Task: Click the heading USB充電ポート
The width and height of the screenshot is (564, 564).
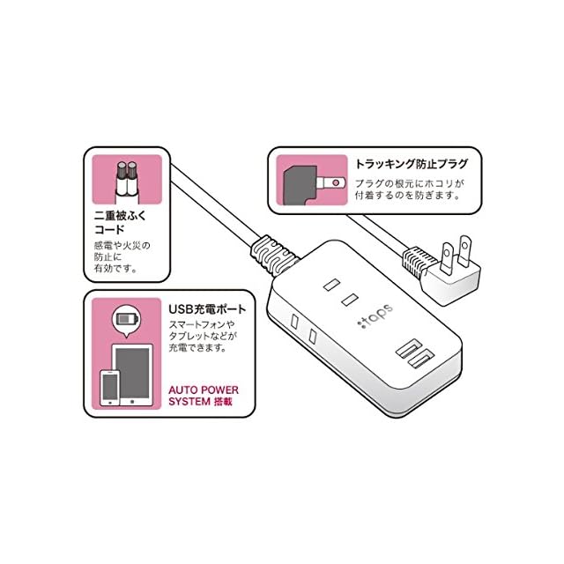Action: click(x=207, y=310)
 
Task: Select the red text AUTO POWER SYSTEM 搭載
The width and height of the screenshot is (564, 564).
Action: click(x=204, y=396)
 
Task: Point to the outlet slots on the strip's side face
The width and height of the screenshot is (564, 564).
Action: click(x=302, y=331)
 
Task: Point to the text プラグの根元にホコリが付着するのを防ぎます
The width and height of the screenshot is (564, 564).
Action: click(x=408, y=189)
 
